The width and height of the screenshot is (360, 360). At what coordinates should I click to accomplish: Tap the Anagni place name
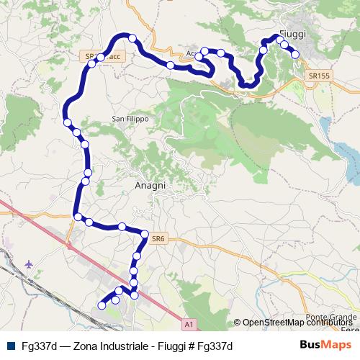[x=150, y=185]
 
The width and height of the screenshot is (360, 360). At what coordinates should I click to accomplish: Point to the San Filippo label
[x=130, y=118]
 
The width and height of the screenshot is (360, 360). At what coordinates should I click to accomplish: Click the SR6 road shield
[x=159, y=235]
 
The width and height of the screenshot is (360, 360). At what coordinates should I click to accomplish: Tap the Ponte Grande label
[x=331, y=318]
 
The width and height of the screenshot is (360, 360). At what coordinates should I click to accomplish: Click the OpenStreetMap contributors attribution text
[x=297, y=323]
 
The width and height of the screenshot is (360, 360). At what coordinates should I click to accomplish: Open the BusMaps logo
[x=325, y=345]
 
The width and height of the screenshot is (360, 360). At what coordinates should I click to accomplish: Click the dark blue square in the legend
[x=10, y=346]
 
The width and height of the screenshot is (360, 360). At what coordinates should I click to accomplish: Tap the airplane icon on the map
[x=28, y=264]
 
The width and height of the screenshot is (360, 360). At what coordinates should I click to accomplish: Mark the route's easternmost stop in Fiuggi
[x=294, y=54]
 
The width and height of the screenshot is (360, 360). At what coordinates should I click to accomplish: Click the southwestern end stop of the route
[x=102, y=305]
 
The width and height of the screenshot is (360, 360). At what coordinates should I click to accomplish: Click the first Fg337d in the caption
[x=37, y=346]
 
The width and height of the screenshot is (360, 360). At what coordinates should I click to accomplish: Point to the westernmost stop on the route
[x=67, y=122]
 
